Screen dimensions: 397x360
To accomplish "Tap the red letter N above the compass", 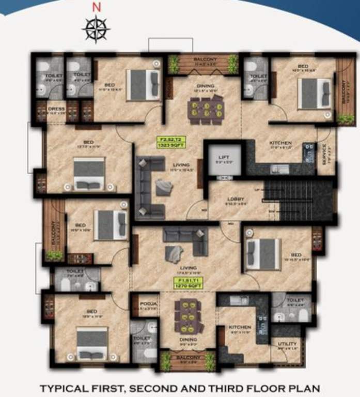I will pyautogui.click(x=96, y=7).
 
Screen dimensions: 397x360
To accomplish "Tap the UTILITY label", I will pyautogui.click(x=287, y=344).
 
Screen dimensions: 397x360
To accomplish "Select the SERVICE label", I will pyautogui.click(x=325, y=152).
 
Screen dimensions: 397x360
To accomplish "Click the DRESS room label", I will pyautogui.click(x=56, y=110).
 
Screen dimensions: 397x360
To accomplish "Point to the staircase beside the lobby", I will pyautogui.click(x=298, y=199).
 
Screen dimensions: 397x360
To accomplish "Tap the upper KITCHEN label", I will pyautogui.click(x=280, y=143).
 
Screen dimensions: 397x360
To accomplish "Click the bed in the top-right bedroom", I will pyautogui.click(x=315, y=94).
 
